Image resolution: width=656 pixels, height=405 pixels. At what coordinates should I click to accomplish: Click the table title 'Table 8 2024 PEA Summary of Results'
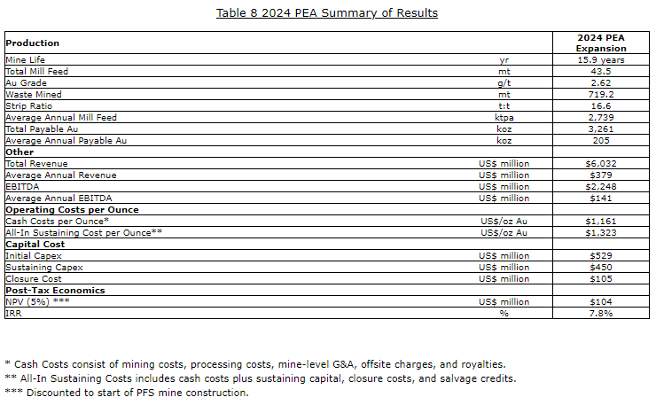coord(327,13)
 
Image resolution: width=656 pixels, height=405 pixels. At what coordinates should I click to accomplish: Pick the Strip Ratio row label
coord(27,105)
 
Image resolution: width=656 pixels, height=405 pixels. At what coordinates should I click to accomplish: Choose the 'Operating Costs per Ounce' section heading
coord(72,209)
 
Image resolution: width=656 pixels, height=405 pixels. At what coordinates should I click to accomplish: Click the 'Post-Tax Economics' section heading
coord(55,290)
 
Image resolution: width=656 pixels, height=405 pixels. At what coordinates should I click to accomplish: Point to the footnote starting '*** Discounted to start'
coord(127,393)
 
